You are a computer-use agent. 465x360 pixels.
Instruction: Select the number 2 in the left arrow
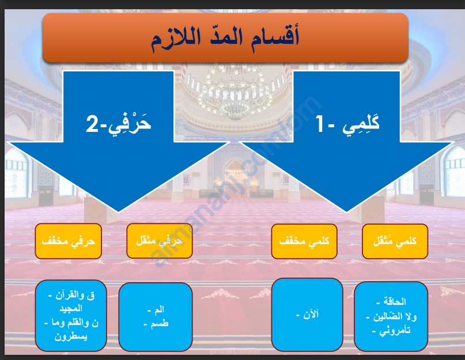pos(92,124)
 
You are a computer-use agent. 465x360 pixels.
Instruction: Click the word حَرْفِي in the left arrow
pos(129,124)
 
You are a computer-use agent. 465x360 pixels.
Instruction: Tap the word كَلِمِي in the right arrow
pos(361,125)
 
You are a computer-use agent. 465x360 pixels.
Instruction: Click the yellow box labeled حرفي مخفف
pos(69,241)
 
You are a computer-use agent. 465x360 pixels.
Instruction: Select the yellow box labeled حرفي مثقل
pos(160,241)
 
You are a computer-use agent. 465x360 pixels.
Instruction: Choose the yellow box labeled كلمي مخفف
pos(304,241)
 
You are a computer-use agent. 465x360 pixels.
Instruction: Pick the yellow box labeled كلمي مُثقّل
pos(395,241)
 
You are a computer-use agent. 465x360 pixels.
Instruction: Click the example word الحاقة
pos(395,302)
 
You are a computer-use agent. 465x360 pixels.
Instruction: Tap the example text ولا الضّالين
pos(395,316)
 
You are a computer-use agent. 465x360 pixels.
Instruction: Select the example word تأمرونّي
pos(395,330)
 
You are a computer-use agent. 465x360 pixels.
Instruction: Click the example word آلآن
pos(311,314)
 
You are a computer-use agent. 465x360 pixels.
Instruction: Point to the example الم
pos(159,309)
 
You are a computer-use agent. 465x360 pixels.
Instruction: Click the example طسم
pos(160,323)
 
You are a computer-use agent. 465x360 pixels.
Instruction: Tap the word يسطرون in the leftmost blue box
pos(71,336)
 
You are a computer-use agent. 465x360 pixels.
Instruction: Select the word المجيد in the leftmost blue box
pos(71,308)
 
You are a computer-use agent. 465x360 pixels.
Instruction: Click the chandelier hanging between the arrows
pos(235,95)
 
